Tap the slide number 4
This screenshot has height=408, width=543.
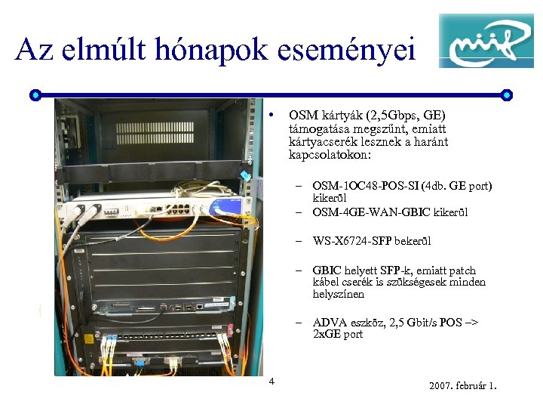click(272, 380)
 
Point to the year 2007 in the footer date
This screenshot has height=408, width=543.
click(441, 386)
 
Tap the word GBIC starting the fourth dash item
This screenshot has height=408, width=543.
click(327, 270)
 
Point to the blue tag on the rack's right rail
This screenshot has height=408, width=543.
click(244, 175)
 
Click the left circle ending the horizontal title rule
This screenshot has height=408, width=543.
click(35, 95)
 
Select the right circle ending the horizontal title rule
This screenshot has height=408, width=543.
click(506, 95)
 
